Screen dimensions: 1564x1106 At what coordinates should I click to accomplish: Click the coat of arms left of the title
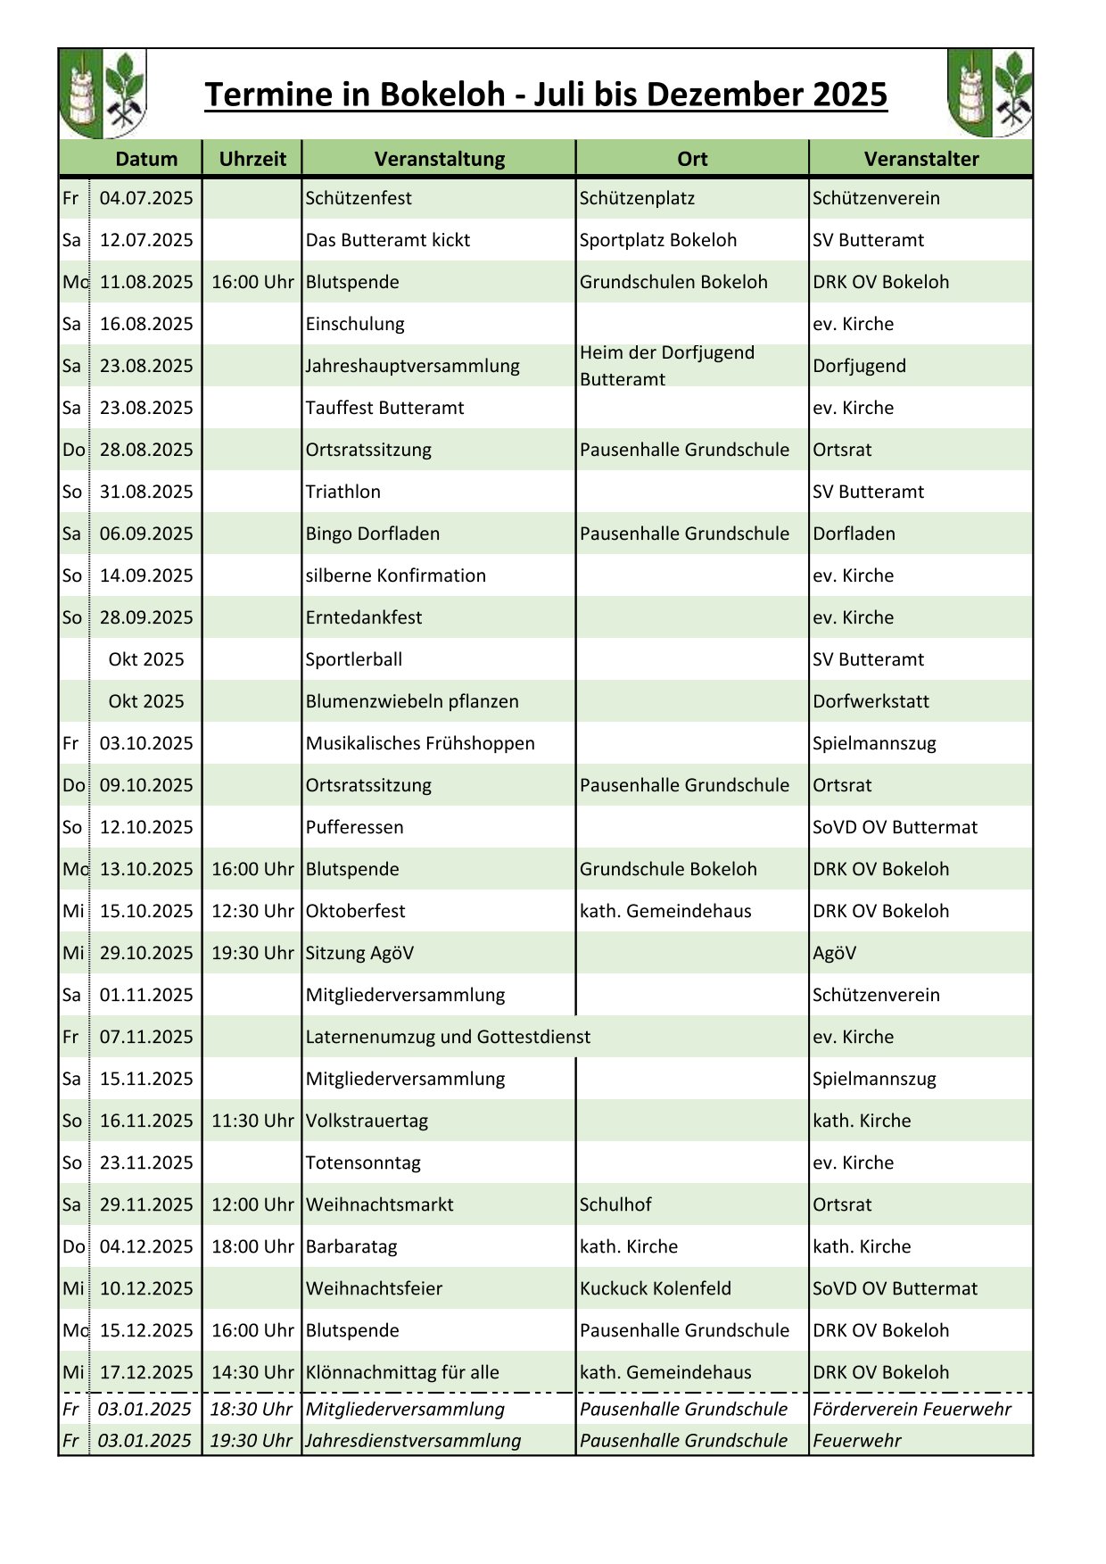103,94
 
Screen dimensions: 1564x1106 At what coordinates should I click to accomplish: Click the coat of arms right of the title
989,94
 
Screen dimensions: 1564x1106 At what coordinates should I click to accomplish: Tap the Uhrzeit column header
252,159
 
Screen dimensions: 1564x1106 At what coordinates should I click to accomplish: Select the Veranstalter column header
921,159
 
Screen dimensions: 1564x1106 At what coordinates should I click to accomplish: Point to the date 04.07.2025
146,198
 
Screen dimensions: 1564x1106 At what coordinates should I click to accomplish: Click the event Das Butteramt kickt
388,240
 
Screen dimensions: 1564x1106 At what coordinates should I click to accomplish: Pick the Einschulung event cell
355,324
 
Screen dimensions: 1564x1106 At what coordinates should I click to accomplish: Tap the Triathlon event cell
343,492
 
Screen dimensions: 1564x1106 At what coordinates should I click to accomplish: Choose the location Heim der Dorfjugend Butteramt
667,366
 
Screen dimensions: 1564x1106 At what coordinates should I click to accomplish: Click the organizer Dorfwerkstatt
871,701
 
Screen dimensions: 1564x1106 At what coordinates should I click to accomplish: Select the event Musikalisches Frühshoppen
420,743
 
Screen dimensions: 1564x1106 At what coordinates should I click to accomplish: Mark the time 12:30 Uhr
252,911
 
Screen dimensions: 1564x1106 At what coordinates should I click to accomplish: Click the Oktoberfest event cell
355,911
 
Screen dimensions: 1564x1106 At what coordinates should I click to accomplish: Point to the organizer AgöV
834,953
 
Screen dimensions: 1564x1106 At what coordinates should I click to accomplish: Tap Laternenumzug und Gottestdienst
448,1037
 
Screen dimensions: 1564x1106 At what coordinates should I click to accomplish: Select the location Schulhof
615,1204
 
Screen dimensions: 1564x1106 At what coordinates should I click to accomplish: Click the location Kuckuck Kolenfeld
656,1288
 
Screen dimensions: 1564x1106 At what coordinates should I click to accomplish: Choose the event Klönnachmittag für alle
402,1372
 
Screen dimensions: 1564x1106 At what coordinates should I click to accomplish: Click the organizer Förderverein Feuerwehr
912,1409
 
